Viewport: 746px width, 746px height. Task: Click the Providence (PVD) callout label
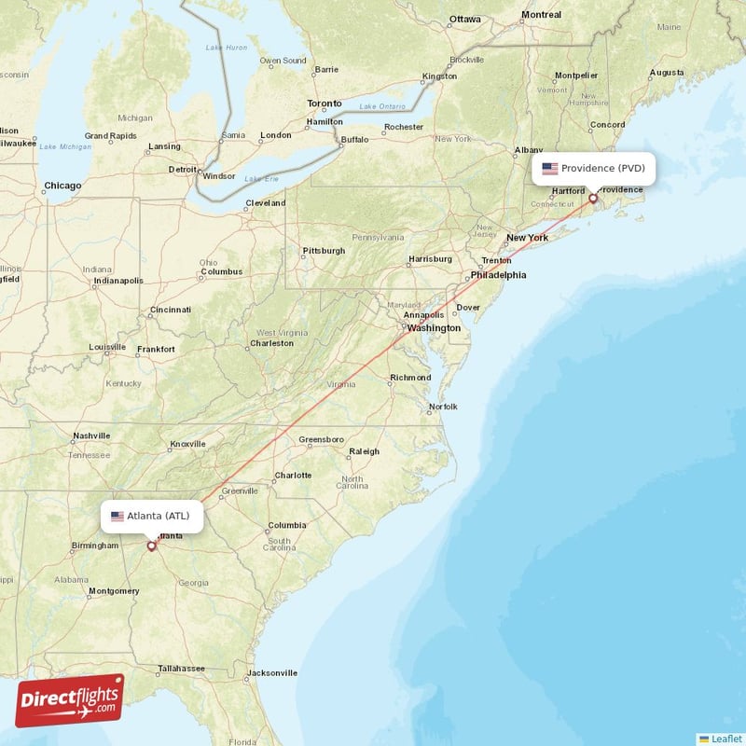click(x=593, y=169)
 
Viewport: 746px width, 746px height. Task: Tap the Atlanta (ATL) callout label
click(x=151, y=516)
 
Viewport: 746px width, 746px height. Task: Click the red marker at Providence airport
click(x=592, y=199)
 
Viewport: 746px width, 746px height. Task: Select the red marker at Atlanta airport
click(x=151, y=546)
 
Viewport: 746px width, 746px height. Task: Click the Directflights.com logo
click(x=69, y=699)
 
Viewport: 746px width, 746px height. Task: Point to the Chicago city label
click(x=62, y=186)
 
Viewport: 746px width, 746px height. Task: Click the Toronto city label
click(x=325, y=104)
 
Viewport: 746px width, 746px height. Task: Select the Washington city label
click(x=435, y=328)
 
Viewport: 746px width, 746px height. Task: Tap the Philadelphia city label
click(x=499, y=275)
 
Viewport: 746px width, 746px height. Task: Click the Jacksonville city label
click(x=272, y=672)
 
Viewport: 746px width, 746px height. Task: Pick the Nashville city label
click(x=91, y=435)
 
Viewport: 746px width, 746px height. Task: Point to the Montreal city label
click(x=542, y=15)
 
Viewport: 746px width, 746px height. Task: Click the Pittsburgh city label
click(x=324, y=251)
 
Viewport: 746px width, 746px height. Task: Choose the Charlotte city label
click(x=293, y=475)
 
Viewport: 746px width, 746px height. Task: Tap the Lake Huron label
click(x=227, y=47)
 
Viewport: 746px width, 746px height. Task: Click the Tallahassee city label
click(x=181, y=669)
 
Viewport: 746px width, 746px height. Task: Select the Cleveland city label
click(x=266, y=203)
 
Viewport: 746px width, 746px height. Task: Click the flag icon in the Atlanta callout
click(x=117, y=516)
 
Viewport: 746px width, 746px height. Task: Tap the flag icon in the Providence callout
click(x=550, y=169)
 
